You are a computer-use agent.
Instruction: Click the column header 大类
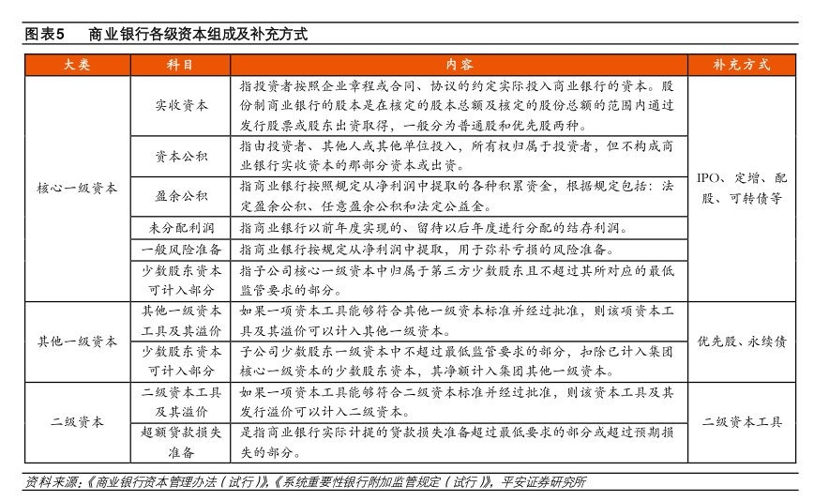pos(77,65)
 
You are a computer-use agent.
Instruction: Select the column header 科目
pos(181,65)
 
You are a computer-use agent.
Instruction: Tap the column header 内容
pos(460,65)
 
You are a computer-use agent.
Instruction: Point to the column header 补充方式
pos(742,65)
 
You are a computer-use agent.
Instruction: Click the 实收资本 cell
pos(181,105)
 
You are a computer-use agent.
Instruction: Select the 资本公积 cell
pos(181,156)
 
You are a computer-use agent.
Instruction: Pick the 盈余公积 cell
pos(181,196)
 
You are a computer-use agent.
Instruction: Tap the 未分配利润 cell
pos(181,228)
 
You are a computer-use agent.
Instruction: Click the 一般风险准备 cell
pos(181,250)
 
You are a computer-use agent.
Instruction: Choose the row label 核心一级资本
pos(77,188)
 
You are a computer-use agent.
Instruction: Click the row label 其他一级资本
pos(77,342)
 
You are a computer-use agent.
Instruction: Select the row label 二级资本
pos(77,422)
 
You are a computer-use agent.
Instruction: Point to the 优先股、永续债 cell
pos(742,342)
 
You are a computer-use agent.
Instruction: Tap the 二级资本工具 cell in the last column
pos(742,422)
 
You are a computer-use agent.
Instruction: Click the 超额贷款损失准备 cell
pos(181,442)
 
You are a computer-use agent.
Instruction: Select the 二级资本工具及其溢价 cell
pos(181,402)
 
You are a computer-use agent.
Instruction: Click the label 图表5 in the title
pos(43,35)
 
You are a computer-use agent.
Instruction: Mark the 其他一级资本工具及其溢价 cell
pos(181,321)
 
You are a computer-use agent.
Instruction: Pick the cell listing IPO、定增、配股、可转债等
pos(742,188)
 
